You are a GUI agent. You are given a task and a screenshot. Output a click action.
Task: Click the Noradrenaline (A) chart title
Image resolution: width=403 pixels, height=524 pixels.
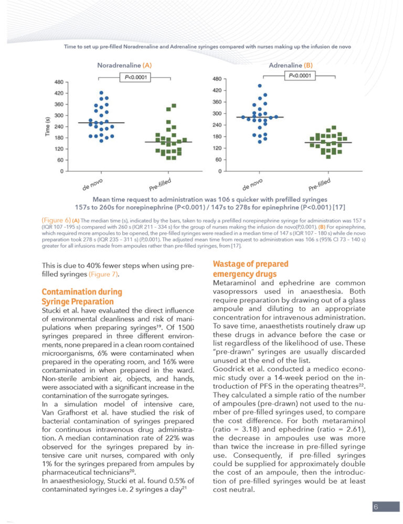(124, 65)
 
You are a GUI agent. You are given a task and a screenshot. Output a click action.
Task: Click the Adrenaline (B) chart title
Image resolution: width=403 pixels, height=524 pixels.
(291, 65)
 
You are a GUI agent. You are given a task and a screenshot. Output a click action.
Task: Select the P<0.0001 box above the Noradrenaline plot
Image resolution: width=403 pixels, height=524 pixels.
(135, 78)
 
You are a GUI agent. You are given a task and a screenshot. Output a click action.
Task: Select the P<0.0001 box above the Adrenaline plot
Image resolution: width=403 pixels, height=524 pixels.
(300, 75)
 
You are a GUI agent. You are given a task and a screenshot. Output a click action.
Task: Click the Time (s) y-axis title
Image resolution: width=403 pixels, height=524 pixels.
(48, 126)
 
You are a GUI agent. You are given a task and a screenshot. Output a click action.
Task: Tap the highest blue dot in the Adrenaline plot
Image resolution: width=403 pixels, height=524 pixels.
(260, 86)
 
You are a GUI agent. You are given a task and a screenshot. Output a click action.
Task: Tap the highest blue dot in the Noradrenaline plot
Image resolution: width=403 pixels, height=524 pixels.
(101, 93)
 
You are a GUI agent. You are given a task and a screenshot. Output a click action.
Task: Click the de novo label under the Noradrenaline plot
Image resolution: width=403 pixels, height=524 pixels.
(92, 184)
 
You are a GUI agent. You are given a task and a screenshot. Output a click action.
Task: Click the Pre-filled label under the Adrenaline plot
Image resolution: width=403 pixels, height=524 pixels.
(320, 184)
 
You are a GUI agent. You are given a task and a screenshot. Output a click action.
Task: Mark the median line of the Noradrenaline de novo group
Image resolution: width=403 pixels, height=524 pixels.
(101, 123)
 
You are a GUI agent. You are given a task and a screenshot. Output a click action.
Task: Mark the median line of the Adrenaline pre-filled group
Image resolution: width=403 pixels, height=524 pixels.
(328, 143)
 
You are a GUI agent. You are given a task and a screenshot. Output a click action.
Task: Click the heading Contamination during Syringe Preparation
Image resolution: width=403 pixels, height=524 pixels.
(82, 297)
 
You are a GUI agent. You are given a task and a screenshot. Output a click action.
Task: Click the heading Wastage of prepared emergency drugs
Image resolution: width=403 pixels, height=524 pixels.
(251, 269)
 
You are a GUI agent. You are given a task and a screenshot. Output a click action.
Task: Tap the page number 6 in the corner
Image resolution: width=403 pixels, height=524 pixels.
(376, 507)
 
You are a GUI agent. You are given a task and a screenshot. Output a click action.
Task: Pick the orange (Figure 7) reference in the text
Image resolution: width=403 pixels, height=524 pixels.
(103, 275)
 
